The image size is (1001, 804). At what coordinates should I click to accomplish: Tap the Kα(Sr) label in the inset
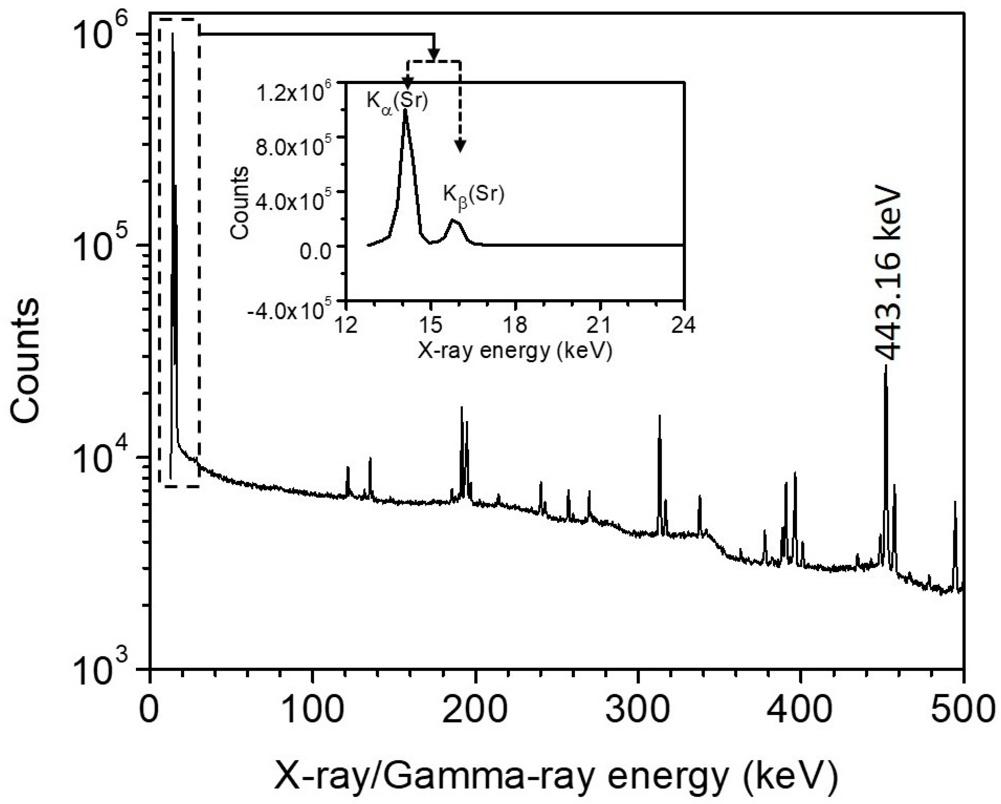pyautogui.click(x=397, y=101)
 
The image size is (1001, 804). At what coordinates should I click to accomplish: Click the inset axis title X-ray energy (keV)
pyautogui.click(x=515, y=351)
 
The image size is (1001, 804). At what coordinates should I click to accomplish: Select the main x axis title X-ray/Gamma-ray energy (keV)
pyautogui.click(x=556, y=776)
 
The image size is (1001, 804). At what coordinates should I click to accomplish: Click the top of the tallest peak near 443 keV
pyautogui.click(x=886, y=366)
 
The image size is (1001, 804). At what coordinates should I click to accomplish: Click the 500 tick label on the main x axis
pyautogui.click(x=964, y=710)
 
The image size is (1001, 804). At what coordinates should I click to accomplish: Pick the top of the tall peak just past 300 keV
pyautogui.click(x=659, y=416)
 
